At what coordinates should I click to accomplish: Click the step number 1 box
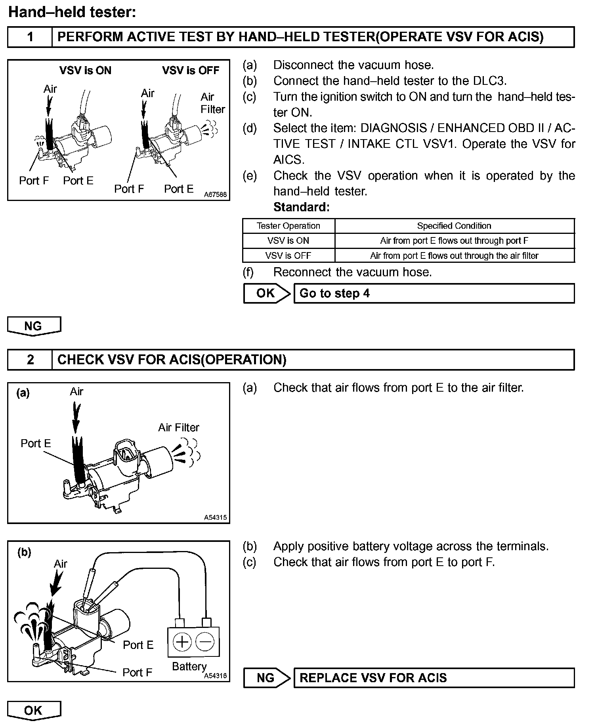[30, 37]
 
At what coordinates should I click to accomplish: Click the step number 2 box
[30, 360]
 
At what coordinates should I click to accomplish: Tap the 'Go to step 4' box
[434, 293]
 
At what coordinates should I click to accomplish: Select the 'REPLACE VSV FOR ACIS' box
[434, 678]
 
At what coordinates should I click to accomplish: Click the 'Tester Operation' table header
[288, 226]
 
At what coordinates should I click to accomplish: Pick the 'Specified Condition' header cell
[454, 226]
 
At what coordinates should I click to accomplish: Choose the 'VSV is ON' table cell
[288, 241]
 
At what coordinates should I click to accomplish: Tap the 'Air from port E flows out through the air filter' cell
[454, 256]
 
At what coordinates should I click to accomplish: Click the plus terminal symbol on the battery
[182, 641]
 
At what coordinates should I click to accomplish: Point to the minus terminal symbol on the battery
[205, 641]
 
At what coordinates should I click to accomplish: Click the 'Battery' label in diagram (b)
[189, 666]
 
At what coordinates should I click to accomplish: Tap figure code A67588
[216, 195]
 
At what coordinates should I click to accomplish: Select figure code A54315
[216, 517]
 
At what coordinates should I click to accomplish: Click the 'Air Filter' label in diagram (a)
[179, 428]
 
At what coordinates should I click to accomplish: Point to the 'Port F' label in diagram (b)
[137, 672]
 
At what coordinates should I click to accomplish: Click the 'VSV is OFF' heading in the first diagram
[191, 71]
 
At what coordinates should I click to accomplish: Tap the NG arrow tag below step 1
[33, 326]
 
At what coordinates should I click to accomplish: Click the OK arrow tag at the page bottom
[33, 710]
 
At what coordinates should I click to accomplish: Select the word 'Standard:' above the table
[301, 207]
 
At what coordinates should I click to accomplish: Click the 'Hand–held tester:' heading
[72, 12]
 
